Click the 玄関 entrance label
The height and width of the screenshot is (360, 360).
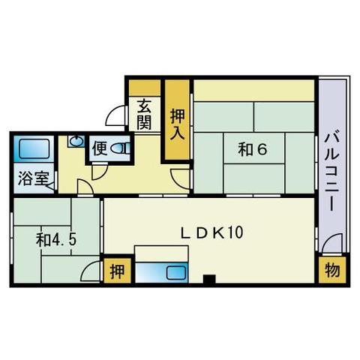point(145,115)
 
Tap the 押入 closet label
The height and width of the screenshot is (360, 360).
point(177,123)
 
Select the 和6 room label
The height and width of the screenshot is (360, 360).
point(253,149)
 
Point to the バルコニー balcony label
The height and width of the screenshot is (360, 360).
point(331,169)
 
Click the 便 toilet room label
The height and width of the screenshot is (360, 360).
point(100,148)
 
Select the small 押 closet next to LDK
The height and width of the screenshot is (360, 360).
point(115,271)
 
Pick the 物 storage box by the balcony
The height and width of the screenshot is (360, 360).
point(331,271)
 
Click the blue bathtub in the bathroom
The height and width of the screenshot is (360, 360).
point(31,149)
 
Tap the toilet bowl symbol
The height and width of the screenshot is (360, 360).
point(120,148)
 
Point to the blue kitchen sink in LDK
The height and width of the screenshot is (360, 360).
point(174,272)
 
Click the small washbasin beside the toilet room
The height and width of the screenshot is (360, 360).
point(75,140)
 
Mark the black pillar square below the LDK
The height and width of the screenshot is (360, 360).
point(208,280)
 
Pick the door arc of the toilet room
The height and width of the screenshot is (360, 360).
point(99,171)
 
